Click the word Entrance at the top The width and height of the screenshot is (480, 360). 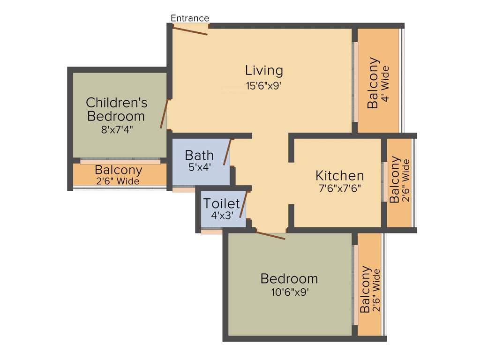(x=190, y=18)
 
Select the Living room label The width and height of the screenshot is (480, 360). (x=264, y=70)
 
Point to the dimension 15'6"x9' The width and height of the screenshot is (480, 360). (x=264, y=86)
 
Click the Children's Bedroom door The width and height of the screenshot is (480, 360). (x=164, y=113)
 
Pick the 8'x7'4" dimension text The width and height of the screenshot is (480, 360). (x=117, y=130)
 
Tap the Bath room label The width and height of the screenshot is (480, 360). (x=199, y=155)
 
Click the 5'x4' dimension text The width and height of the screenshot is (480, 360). (x=199, y=167)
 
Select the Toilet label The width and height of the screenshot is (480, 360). (x=221, y=203)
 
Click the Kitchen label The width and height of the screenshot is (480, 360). (x=339, y=176)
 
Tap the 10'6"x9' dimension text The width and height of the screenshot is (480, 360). (x=289, y=292)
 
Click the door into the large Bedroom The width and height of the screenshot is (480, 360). (x=270, y=235)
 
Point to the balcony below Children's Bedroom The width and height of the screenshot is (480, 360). (x=119, y=174)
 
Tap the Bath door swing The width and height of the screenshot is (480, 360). (x=228, y=152)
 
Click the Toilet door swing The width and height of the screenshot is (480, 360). (x=243, y=205)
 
